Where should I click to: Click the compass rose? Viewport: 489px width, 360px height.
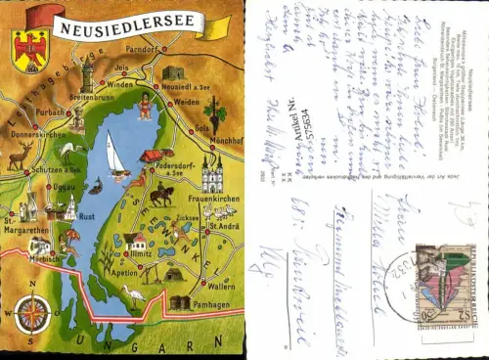(x=32, y=314)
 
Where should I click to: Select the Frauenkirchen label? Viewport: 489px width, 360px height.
(x=205, y=199)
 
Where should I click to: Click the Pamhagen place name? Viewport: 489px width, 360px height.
(x=213, y=305)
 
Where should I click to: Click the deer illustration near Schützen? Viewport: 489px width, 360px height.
(x=21, y=156)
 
